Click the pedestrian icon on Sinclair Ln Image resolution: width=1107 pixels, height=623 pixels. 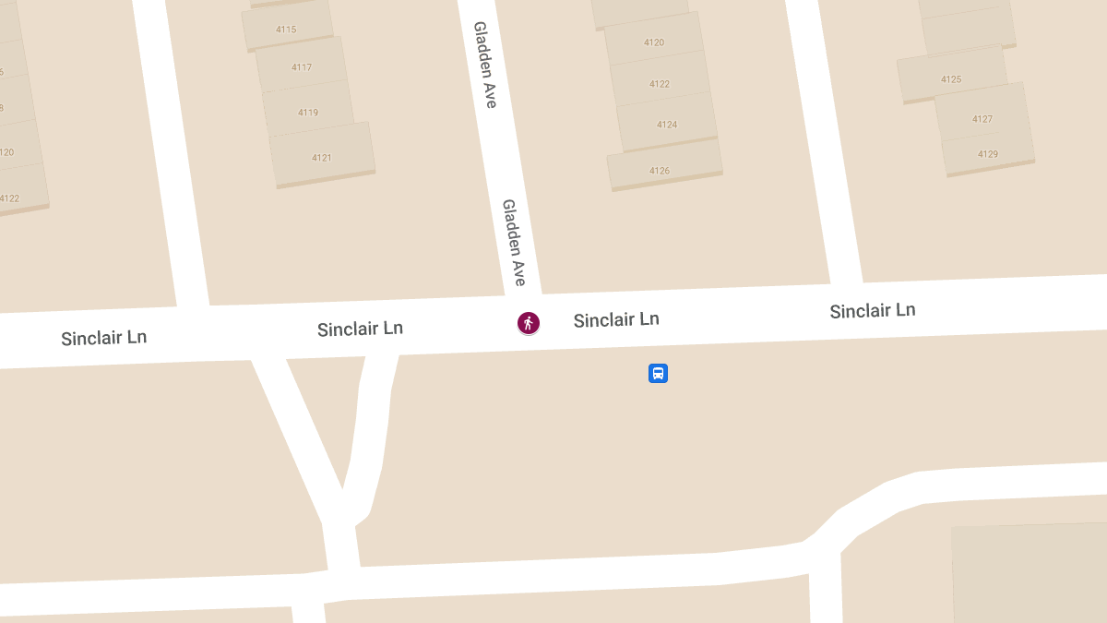click(528, 322)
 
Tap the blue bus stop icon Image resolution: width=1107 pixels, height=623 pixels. click(658, 373)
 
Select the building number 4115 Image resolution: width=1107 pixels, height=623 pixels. click(286, 30)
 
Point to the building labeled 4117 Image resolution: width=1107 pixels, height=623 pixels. click(302, 67)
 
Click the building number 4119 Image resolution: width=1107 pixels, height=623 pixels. click(308, 113)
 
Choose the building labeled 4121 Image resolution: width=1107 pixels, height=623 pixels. click(321, 158)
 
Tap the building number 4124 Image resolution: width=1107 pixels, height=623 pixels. click(667, 125)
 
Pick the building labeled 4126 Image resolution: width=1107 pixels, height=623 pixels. click(660, 171)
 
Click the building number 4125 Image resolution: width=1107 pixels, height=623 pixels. click(951, 79)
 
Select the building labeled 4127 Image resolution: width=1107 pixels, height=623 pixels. click(982, 119)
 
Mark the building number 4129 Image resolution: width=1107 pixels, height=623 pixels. click(988, 154)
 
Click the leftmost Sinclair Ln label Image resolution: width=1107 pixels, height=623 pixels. click(104, 338)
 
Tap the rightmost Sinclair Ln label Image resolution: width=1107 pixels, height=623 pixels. click(873, 310)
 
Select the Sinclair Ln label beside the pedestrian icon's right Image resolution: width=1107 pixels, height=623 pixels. click(616, 319)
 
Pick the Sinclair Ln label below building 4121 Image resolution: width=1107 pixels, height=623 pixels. click(360, 329)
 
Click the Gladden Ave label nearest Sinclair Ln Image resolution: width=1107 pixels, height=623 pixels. click(514, 242)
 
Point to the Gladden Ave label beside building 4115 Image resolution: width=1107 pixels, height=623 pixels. click(485, 65)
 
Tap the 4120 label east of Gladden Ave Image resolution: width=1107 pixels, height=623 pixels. click(654, 42)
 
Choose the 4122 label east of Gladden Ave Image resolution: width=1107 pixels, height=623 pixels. click(660, 84)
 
